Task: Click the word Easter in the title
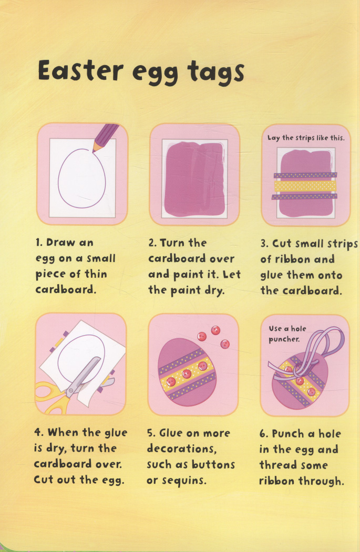pos(80,70)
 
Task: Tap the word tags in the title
pos(216,72)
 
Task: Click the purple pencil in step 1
pos(105,137)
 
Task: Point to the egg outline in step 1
pos(81,178)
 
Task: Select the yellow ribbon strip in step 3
pos(305,186)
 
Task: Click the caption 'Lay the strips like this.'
pos(306,138)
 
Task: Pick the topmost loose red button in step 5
pos(215,330)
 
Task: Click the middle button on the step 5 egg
pos(187,373)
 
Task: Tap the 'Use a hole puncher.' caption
pos(287,334)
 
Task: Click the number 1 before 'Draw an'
pos(39,242)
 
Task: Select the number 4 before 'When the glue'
pos(38,432)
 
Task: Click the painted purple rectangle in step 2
pos(194,179)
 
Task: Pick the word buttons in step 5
pos(213,464)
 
